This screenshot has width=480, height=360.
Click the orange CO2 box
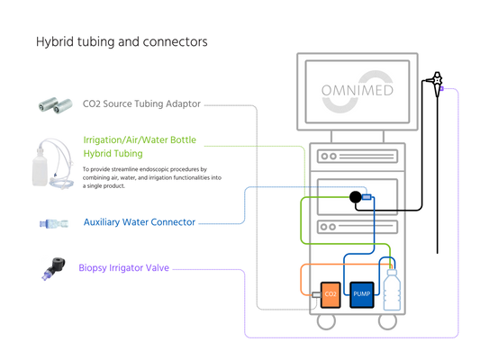point(331,294)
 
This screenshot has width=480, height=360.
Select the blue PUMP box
point(361,294)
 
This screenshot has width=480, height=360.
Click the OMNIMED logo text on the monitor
point(358,91)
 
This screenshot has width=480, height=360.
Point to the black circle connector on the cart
point(356,197)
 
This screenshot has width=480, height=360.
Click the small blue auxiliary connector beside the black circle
point(367,197)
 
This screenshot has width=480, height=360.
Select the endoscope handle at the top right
point(438,84)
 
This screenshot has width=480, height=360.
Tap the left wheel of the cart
point(326,321)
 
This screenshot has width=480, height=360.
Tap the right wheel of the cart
point(387,321)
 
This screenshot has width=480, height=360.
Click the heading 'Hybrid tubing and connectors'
point(122,42)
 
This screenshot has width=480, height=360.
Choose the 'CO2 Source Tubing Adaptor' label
point(141,104)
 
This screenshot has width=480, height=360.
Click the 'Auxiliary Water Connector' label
point(140,222)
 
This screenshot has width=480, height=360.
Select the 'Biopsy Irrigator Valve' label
point(123,268)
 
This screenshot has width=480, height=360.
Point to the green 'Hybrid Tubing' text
point(113,153)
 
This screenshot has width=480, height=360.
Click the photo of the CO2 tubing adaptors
point(56,105)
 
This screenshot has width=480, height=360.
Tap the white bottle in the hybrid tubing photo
point(40,166)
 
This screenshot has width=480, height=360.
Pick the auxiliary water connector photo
point(54,223)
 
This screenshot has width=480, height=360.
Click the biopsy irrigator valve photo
point(54,268)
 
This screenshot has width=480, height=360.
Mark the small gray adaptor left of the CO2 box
point(316,295)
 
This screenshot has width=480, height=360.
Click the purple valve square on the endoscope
point(441,89)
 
